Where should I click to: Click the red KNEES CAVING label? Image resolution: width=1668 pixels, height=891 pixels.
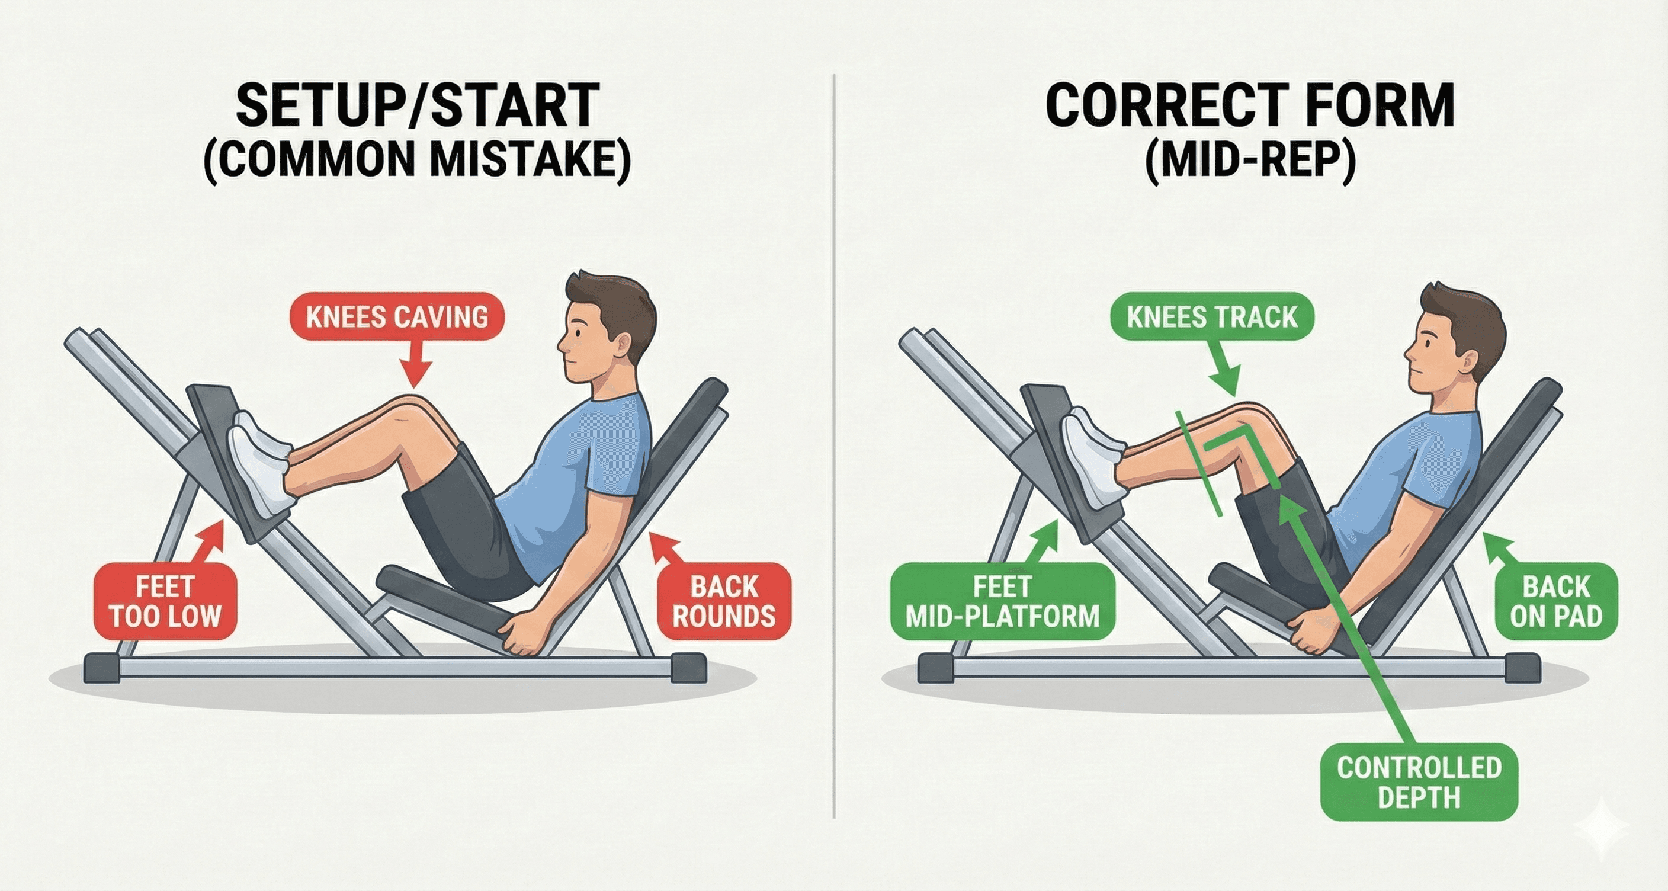396,318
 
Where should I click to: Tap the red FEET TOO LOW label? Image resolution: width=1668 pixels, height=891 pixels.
165,602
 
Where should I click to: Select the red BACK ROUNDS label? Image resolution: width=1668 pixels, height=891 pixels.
723,602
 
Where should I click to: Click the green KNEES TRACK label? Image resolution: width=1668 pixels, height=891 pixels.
1211,318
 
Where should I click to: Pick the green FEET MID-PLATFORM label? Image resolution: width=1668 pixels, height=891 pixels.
1002,602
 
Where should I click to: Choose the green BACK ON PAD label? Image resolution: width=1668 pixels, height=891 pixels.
1556,602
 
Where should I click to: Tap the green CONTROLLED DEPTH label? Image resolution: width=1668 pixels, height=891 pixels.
1419,782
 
